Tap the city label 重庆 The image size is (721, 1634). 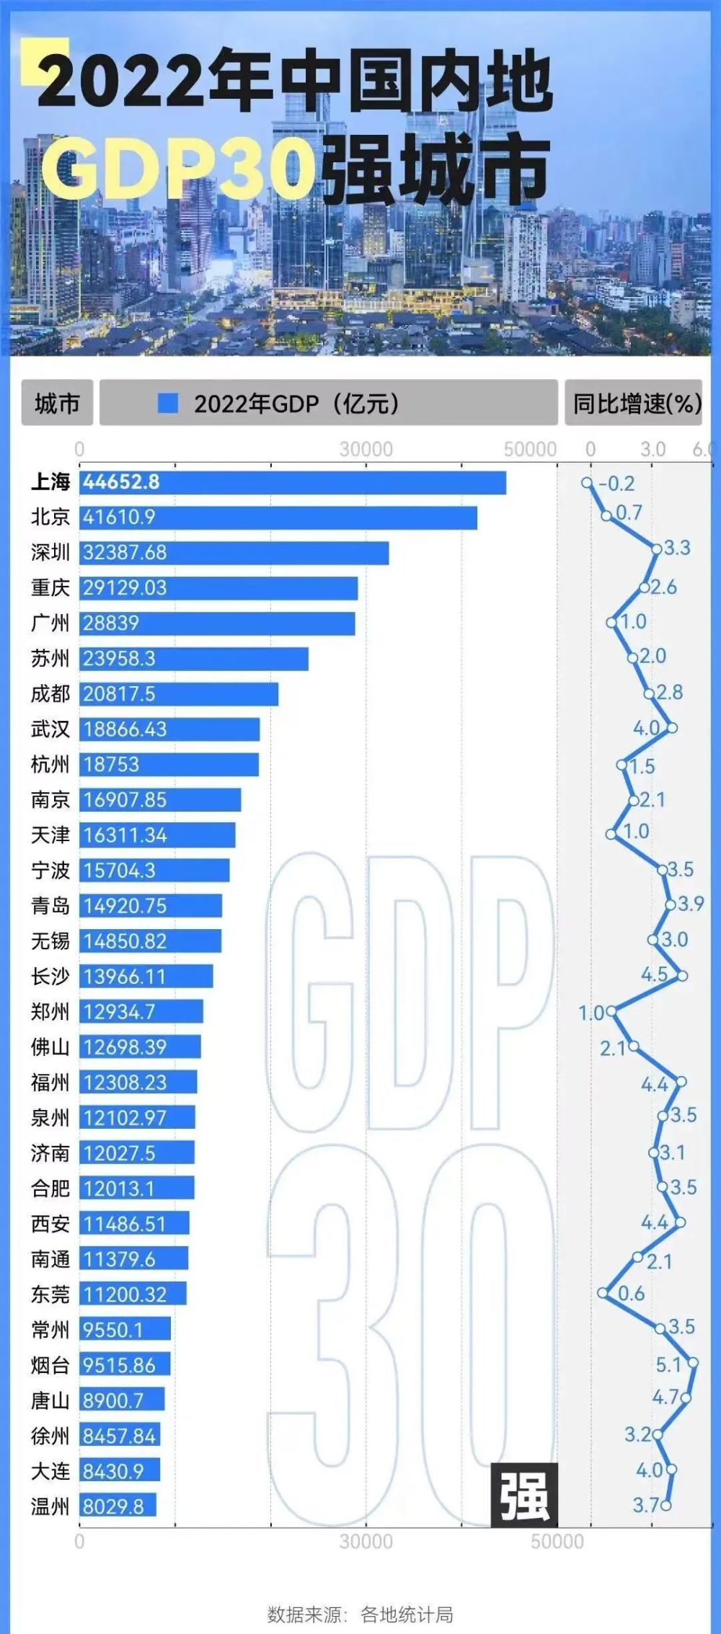click(50, 588)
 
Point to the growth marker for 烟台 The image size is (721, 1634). click(693, 1362)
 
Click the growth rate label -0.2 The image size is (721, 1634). click(616, 484)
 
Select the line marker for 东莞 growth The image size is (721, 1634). click(603, 1293)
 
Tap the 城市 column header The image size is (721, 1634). click(57, 403)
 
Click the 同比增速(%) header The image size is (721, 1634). click(634, 403)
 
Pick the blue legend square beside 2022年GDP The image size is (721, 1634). click(167, 403)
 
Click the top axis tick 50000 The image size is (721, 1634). click(530, 449)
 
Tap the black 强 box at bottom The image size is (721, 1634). click(524, 1495)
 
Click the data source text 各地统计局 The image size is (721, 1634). click(407, 1614)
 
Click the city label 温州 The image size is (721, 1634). click(50, 1506)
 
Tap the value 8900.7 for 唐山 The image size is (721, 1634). click(113, 1400)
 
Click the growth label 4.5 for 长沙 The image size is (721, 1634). click(654, 974)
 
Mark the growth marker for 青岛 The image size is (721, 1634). click(671, 905)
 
